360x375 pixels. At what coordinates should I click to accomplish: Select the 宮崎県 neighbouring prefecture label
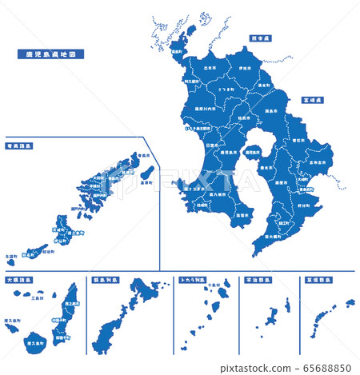pyautogui.click(x=312, y=102)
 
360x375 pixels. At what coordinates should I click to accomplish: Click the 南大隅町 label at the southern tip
pyautogui.click(x=274, y=237)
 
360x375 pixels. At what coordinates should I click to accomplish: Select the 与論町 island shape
pyautogui.click(x=10, y=261)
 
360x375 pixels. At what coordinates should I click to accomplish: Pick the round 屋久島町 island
pyautogui.click(x=34, y=341)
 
